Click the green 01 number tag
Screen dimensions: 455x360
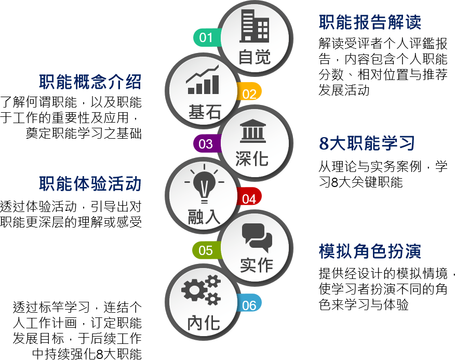tap(207, 37)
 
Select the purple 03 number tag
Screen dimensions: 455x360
tap(207, 144)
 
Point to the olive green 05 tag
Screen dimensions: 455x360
tap(206, 250)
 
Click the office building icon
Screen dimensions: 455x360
tap(254, 26)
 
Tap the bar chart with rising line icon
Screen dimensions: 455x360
tap(203, 79)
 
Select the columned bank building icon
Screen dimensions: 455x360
tap(253, 131)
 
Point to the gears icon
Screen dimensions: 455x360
tap(201, 289)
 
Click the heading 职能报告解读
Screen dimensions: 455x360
tap(370, 22)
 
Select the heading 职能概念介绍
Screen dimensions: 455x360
tap(90, 82)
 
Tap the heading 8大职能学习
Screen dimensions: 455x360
tap(367, 143)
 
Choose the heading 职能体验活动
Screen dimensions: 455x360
tap(90, 184)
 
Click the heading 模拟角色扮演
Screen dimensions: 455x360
tap(370, 251)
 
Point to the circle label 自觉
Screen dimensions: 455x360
tap(255, 57)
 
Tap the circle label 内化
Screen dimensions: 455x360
tap(204, 323)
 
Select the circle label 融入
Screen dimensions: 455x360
tap(204, 217)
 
